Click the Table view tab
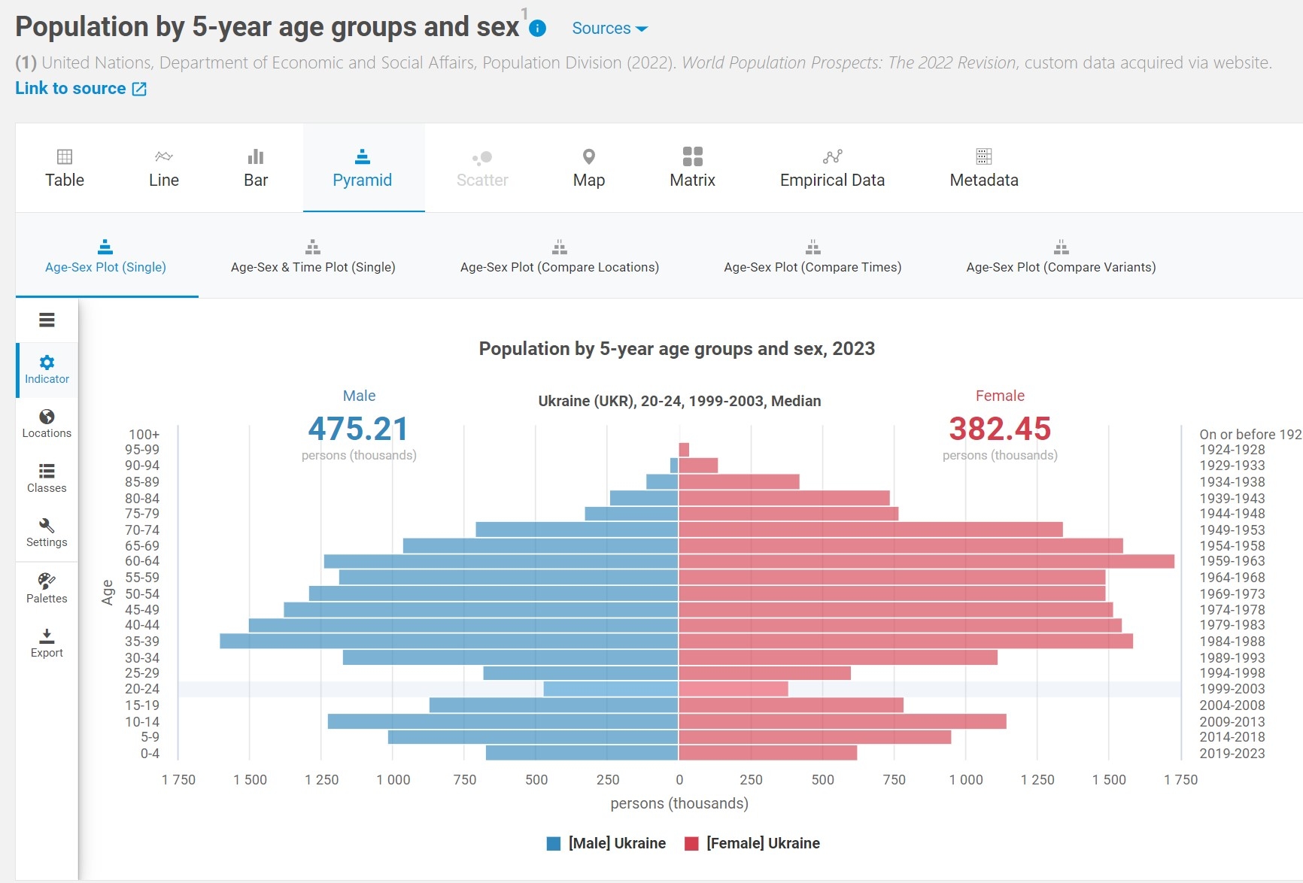coord(65,168)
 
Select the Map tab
coord(588,168)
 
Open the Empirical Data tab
coord(832,168)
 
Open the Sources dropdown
coord(609,29)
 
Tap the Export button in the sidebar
coord(47,643)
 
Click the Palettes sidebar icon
coord(47,588)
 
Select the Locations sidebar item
coord(47,423)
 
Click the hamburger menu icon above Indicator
coord(47,320)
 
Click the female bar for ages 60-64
coord(926,561)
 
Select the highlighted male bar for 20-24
coord(611,689)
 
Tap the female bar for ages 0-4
coord(767,753)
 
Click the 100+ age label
coord(144,435)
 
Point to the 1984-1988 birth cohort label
coord(1232,642)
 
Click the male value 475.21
coord(358,429)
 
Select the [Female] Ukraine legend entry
coord(753,843)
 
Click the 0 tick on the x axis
coord(679,780)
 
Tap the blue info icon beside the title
coord(537,29)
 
